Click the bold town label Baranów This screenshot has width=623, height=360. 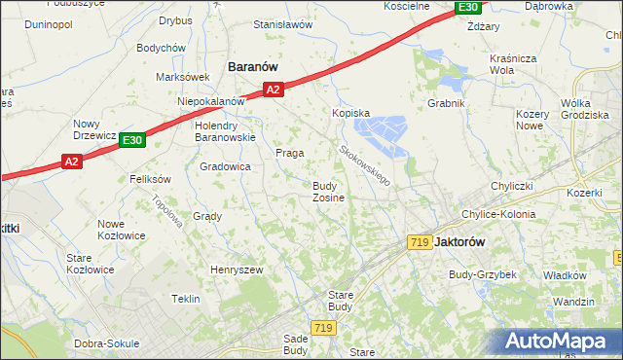(253, 66)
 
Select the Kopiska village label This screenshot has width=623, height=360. (351, 113)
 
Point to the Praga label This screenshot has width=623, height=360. (289, 153)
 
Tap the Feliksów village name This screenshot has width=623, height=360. (150, 179)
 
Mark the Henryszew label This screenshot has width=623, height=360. (238, 268)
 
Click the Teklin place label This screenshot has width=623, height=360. (188, 299)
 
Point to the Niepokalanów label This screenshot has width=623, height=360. (209, 101)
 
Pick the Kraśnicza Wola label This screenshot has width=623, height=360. (515, 64)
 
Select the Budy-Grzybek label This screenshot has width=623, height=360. (482, 274)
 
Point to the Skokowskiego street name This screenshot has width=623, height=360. (364, 165)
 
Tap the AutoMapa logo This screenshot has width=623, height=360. (559, 341)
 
